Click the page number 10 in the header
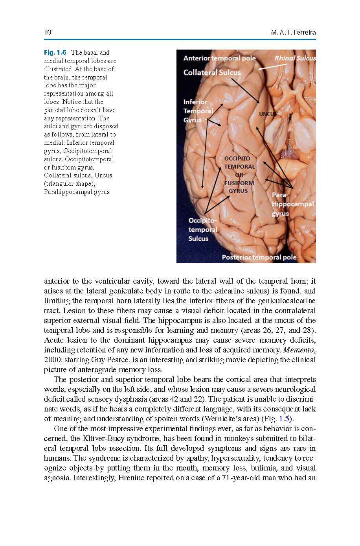[48, 32]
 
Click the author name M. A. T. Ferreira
[293, 32]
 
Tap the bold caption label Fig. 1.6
[55, 52]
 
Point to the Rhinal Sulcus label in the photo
[295, 58]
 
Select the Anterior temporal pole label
[219, 58]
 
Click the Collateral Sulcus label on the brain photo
[212, 72]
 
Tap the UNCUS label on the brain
[268, 114]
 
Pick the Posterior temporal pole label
[259, 257]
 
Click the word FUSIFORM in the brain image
[239, 183]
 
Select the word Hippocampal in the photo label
[293, 204]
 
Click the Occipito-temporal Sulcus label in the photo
[203, 229]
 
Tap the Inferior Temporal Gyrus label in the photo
[198, 111]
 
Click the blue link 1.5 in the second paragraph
[284, 419]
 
